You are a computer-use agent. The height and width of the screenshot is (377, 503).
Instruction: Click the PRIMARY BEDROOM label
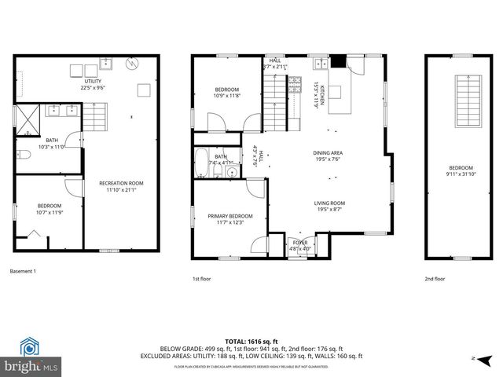click(230, 216)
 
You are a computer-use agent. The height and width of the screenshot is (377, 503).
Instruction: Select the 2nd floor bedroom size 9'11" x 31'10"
click(461, 174)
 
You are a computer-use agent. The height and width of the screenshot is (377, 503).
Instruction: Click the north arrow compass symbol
click(486, 357)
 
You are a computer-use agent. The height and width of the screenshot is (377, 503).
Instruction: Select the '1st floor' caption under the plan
click(201, 279)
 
